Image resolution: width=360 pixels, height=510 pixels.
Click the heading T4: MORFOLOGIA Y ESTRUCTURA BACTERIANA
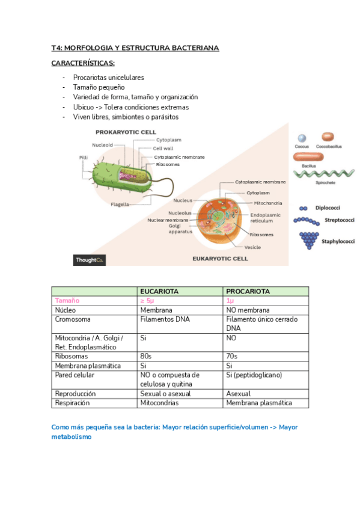tap(135, 48)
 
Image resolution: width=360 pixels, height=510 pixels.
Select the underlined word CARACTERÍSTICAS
tap(84, 63)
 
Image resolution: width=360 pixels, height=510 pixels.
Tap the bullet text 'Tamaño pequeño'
tap(99, 87)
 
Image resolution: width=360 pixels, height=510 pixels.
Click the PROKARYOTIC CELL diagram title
tap(126, 132)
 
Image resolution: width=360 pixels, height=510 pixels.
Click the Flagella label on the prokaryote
tap(120, 204)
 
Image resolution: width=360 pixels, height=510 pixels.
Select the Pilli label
tap(84, 158)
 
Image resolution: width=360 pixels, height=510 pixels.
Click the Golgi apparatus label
tap(180, 229)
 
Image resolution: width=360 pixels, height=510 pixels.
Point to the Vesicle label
tap(252, 247)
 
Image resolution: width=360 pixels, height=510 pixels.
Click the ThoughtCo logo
tap(90, 260)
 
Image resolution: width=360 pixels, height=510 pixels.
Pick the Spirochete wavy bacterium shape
tap(324, 174)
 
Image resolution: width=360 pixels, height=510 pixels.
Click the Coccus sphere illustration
tap(302, 138)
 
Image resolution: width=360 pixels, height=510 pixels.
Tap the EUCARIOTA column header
tap(159, 291)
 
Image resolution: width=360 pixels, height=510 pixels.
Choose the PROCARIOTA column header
tap(247, 291)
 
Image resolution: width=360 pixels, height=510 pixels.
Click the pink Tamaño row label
tap(67, 300)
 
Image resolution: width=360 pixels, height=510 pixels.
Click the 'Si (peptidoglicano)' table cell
tap(254, 375)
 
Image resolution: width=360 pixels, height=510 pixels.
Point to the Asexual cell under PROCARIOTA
tap(239, 394)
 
